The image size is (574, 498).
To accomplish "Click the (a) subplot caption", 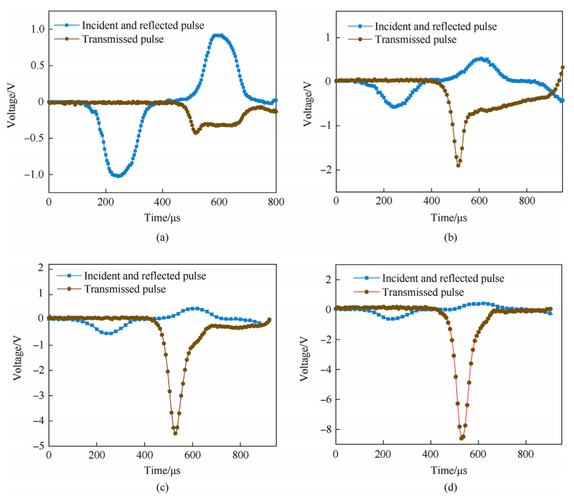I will [163, 237].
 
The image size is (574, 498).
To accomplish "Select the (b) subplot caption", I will [451, 237].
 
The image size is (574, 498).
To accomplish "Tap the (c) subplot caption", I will [163, 487].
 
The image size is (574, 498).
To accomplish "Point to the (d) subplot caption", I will [451, 487].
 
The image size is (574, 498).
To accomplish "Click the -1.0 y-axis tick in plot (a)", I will [33, 175].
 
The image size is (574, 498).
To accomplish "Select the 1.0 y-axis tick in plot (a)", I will [35, 29].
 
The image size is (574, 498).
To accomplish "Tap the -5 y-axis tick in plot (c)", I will [39, 447].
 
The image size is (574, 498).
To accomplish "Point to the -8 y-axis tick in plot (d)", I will [323, 430].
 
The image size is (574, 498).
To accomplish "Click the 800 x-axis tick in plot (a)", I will [276, 202].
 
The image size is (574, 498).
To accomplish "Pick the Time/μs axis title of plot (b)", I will [451, 217].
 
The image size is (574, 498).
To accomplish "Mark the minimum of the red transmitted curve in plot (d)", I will [461, 438].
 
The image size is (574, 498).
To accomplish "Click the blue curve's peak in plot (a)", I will [220, 35].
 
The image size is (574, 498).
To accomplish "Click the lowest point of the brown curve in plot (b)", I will [458, 166].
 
